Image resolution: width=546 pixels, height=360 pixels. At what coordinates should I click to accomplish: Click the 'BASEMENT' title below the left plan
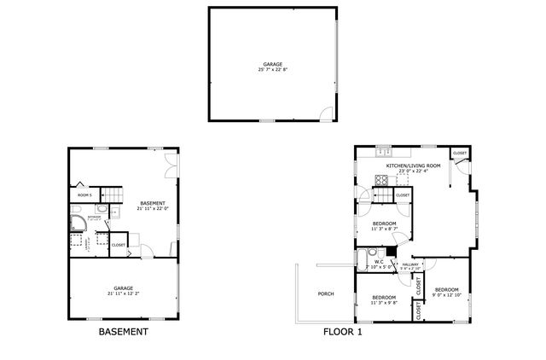pos(124,332)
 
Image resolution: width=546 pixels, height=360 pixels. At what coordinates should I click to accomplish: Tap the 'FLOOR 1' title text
pos(341,332)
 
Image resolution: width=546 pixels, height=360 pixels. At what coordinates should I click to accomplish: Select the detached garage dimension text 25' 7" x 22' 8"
pos(273,69)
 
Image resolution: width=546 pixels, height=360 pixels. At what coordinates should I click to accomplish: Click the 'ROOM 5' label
pos(84,195)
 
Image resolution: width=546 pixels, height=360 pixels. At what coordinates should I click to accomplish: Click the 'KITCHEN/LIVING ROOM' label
pos(413,165)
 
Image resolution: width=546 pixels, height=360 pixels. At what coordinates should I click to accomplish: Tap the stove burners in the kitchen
pos(381,179)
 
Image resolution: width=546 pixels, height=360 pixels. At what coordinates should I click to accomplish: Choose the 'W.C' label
pos(379,261)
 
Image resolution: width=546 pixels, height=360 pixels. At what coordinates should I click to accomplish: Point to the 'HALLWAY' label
pos(409,264)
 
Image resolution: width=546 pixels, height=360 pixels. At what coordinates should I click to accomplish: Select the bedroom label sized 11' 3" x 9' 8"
pos(383,299)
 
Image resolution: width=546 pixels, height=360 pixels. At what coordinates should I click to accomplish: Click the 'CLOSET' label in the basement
pos(119,245)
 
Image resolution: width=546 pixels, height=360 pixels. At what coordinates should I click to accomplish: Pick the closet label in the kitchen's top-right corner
pos(459,153)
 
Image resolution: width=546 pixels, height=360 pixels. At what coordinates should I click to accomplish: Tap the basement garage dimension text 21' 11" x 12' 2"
pos(124,292)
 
